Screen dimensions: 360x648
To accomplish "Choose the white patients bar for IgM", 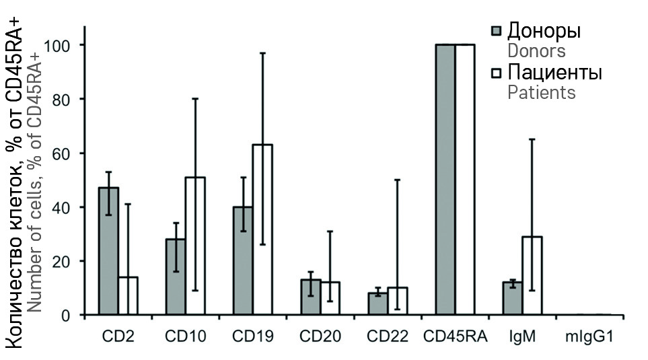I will tap(532, 275).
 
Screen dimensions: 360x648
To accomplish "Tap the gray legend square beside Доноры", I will tap(497, 31).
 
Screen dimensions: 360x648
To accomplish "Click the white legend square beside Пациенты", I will tap(497, 72).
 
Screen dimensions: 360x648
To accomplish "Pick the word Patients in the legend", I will tap(541, 92).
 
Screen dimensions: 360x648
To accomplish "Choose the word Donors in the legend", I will tap(536, 51).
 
